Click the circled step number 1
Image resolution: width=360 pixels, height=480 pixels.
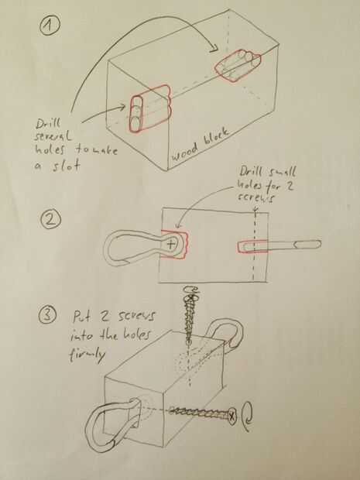click(50, 26)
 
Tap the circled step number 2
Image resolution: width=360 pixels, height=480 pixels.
click(51, 220)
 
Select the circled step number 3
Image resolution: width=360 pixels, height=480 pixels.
click(48, 314)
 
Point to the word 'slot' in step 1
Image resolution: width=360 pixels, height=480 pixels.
click(66, 165)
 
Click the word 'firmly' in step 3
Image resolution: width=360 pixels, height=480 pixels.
click(87, 355)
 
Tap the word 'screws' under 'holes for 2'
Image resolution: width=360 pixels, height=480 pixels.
click(255, 198)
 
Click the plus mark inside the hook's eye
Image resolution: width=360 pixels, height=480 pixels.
click(171, 245)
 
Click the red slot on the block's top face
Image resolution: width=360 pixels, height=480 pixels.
click(238, 67)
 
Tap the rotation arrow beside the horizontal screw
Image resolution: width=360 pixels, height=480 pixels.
click(247, 416)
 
